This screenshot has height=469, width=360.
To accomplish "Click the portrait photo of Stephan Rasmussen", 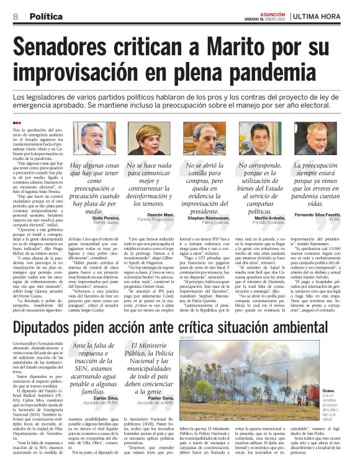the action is (209, 138).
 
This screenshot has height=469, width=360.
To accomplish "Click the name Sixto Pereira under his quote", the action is (106, 220).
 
